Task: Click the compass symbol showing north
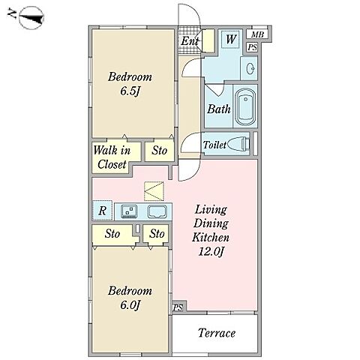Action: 31,17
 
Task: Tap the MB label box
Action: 257,34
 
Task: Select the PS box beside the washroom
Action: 252,47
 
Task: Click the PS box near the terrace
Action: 178,307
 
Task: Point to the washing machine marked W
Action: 230,39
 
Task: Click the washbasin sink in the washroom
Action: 250,67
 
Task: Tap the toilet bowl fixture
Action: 238,144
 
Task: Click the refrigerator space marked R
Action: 102,210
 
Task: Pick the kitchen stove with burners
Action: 129,211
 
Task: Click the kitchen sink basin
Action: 157,211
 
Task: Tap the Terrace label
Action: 217,333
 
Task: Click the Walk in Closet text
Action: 112,157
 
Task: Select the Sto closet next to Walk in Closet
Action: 160,151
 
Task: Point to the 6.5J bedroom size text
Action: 129,91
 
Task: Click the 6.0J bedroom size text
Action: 130,305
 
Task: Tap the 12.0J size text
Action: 211,251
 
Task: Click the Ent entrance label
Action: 190,41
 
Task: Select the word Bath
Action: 219,109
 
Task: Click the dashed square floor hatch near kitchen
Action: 154,191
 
